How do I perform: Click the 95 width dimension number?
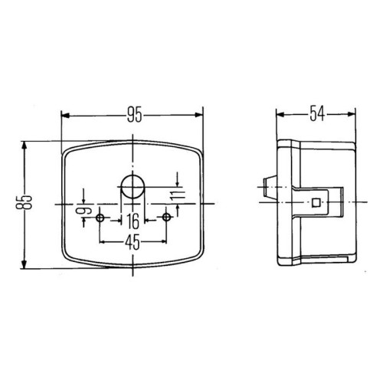134,115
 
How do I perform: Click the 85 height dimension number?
24,202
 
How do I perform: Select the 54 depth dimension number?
317,114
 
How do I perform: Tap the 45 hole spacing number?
133,242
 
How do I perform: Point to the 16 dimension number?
133,221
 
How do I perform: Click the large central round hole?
133,187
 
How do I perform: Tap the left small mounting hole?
100,218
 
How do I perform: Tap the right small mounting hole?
166,218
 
